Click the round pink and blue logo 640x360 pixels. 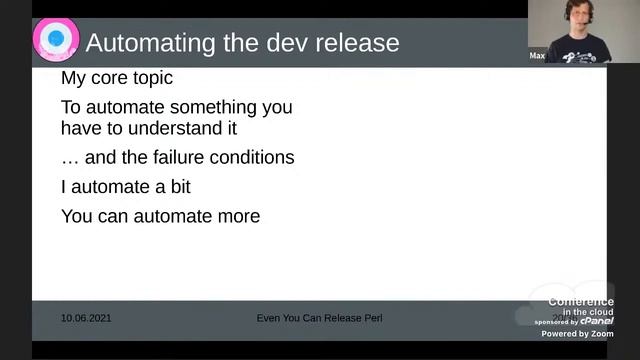(56, 39)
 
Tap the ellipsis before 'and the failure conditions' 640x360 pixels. (69, 158)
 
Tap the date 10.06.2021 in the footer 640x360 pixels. (87, 318)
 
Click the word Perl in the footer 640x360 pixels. (370, 318)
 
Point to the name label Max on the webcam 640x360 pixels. (537, 56)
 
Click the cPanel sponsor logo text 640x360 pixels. (597, 321)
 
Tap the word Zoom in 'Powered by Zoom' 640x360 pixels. (603, 334)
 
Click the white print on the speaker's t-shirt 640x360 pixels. (582, 56)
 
